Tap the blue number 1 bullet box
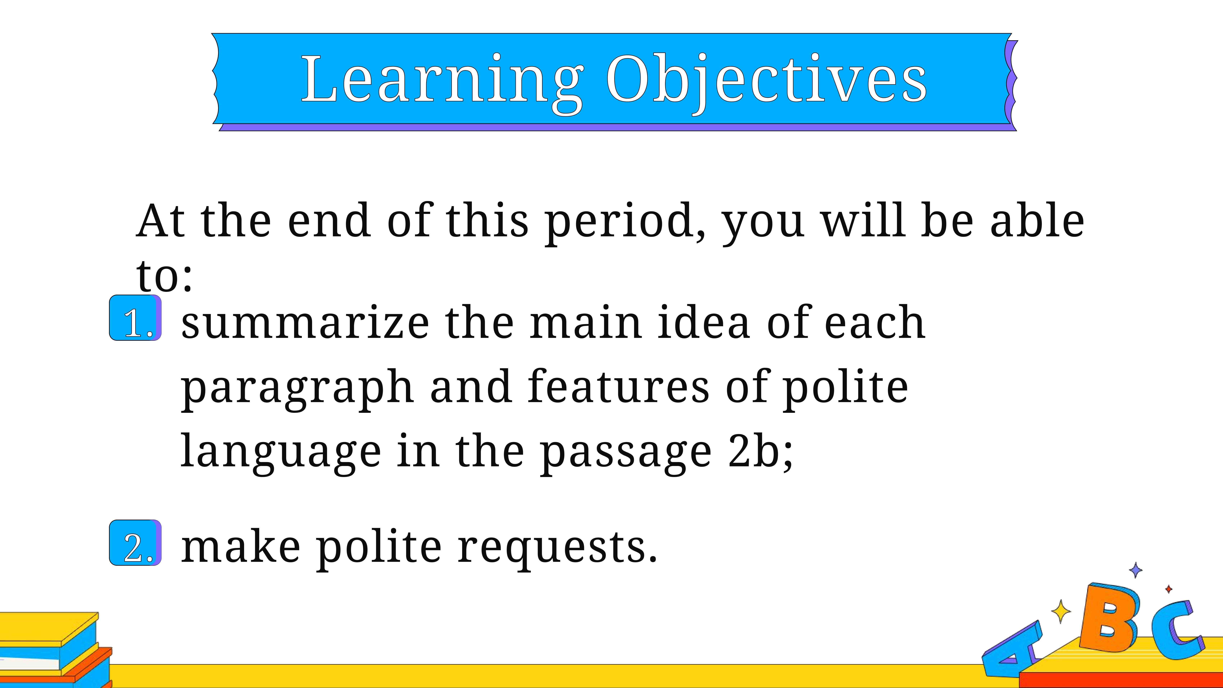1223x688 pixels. [135, 318]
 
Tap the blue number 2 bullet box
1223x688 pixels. [135, 543]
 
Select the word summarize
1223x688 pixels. [305, 323]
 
